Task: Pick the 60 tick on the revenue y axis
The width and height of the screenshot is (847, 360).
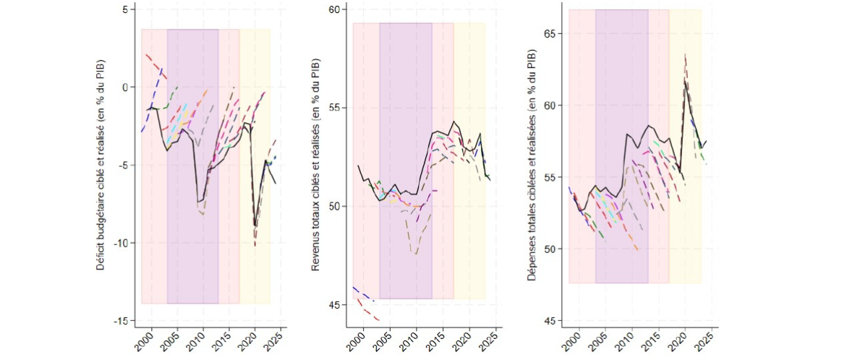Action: click(335, 9)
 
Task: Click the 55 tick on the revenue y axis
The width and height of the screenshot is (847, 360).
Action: click(335, 108)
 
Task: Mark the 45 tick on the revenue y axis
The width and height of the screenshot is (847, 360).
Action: click(335, 305)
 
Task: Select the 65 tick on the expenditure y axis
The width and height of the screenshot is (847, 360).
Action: click(550, 33)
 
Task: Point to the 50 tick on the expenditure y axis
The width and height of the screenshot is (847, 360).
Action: click(550, 249)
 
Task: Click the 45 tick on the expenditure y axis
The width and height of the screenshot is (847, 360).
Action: click(550, 320)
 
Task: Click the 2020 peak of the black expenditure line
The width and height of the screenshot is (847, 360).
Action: click(685, 80)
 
